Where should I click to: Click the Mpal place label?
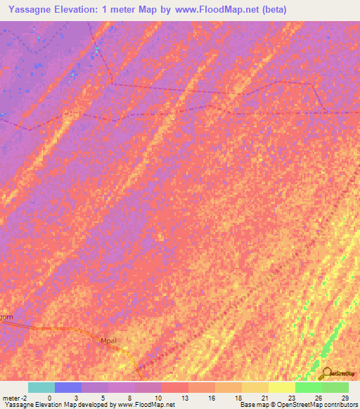pos(108,341)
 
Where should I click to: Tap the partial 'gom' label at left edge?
pos(6,318)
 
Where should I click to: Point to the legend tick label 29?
pos(344,397)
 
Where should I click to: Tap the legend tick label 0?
pos(49,397)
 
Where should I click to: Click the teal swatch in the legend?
pos(41,387)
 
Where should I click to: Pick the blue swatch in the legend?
pos(68,387)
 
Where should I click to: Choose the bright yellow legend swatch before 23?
pos(282,387)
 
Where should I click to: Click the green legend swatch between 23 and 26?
pos(309,387)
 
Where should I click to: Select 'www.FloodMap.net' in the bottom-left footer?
pos(146,405)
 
